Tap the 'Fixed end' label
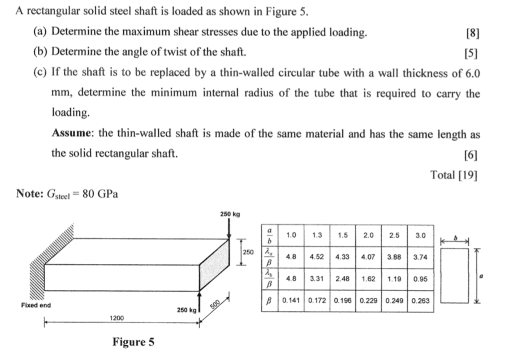click(x=36, y=306)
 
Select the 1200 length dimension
click(x=117, y=319)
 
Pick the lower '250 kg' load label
click(x=186, y=310)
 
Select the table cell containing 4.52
click(x=317, y=256)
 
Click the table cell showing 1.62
click(x=369, y=278)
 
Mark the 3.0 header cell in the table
click(x=420, y=234)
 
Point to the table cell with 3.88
click(x=394, y=256)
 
